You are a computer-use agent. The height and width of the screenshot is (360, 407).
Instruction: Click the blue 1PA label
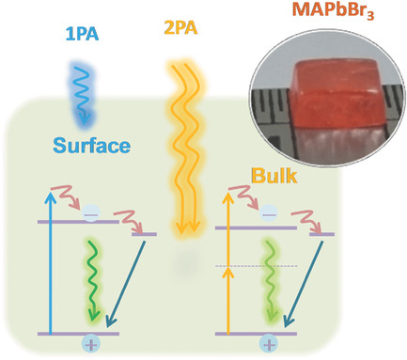click(82, 35)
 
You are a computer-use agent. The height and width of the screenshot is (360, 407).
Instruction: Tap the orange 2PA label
click(180, 28)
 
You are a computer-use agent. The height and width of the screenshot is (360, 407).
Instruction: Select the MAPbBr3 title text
click(333, 10)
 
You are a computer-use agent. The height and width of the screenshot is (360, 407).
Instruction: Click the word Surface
click(91, 146)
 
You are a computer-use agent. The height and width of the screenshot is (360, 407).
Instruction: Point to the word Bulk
click(274, 176)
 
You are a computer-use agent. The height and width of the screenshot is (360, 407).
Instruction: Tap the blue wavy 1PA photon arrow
click(82, 95)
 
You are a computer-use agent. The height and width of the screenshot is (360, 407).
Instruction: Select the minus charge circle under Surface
click(91, 213)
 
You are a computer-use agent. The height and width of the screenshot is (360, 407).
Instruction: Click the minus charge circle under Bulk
click(269, 214)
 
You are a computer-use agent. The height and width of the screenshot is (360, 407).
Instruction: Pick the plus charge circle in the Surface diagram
click(91, 344)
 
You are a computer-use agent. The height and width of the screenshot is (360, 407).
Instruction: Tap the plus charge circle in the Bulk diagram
click(269, 344)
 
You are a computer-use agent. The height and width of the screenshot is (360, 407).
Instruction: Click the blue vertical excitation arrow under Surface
click(51, 262)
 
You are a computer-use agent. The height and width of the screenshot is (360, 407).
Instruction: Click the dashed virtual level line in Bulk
click(256, 266)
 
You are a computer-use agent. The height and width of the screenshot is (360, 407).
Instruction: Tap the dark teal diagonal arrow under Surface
click(126, 285)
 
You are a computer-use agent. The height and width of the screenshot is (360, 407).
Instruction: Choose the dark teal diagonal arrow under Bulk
click(303, 285)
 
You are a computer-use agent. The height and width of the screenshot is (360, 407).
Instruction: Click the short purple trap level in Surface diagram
click(144, 234)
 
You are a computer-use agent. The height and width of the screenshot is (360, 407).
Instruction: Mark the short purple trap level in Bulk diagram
click(321, 234)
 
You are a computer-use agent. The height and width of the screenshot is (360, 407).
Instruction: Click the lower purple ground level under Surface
click(78, 334)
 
